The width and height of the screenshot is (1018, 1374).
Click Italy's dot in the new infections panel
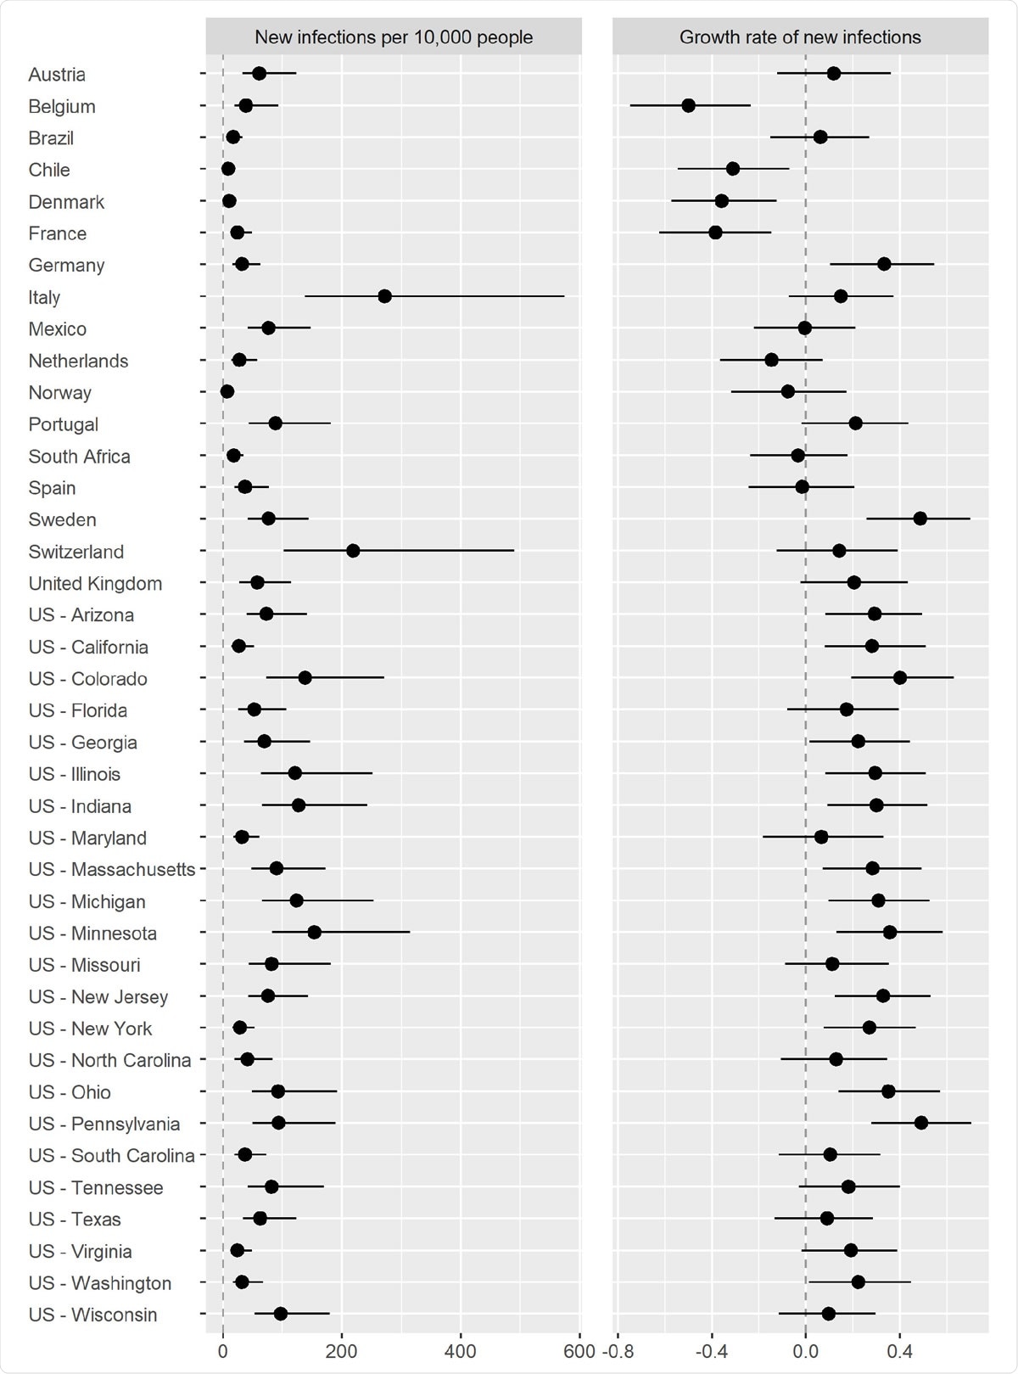(x=384, y=296)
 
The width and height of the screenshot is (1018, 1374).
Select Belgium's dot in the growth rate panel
(x=688, y=105)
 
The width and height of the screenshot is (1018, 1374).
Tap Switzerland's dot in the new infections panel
(x=353, y=551)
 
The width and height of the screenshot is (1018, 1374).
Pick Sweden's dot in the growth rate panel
(x=920, y=519)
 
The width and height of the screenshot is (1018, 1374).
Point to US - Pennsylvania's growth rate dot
(x=920, y=1123)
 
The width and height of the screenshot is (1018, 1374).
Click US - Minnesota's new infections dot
(x=314, y=932)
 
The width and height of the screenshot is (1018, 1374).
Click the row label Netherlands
(x=78, y=361)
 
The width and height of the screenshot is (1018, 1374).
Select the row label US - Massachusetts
(x=111, y=869)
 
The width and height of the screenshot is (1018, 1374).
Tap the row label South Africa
(x=79, y=456)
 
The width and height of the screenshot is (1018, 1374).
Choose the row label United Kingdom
(x=95, y=583)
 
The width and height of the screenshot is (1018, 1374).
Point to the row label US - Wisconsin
(x=92, y=1315)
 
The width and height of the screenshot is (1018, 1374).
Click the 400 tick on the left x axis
(x=461, y=1351)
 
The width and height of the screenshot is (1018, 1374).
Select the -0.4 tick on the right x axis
(x=711, y=1351)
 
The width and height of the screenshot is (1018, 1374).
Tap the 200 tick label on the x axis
(x=341, y=1351)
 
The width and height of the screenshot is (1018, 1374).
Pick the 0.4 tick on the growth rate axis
(x=899, y=1351)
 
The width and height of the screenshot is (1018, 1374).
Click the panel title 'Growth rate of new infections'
(x=800, y=37)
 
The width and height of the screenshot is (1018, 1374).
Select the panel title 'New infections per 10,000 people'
(x=394, y=37)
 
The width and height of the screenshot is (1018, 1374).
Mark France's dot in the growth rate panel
(x=715, y=233)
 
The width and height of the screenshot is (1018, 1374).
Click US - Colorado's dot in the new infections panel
(x=305, y=677)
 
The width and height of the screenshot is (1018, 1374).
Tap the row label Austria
(x=57, y=75)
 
